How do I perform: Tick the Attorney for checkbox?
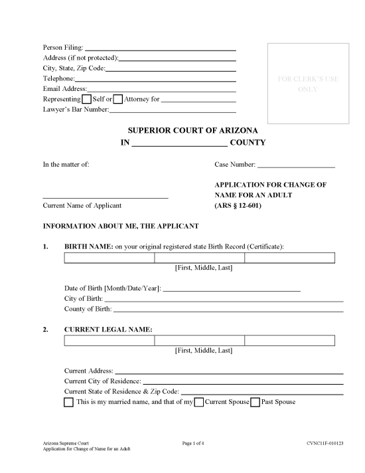point(118,99)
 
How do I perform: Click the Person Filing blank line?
point(161,48)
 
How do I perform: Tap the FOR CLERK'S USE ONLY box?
point(307,84)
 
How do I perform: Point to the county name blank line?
point(179,143)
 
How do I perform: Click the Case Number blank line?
point(295,164)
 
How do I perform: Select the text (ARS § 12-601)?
point(238,206)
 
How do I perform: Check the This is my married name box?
point(69,403)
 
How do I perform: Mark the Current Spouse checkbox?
point(199,403)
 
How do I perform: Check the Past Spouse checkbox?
point(255,403)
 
